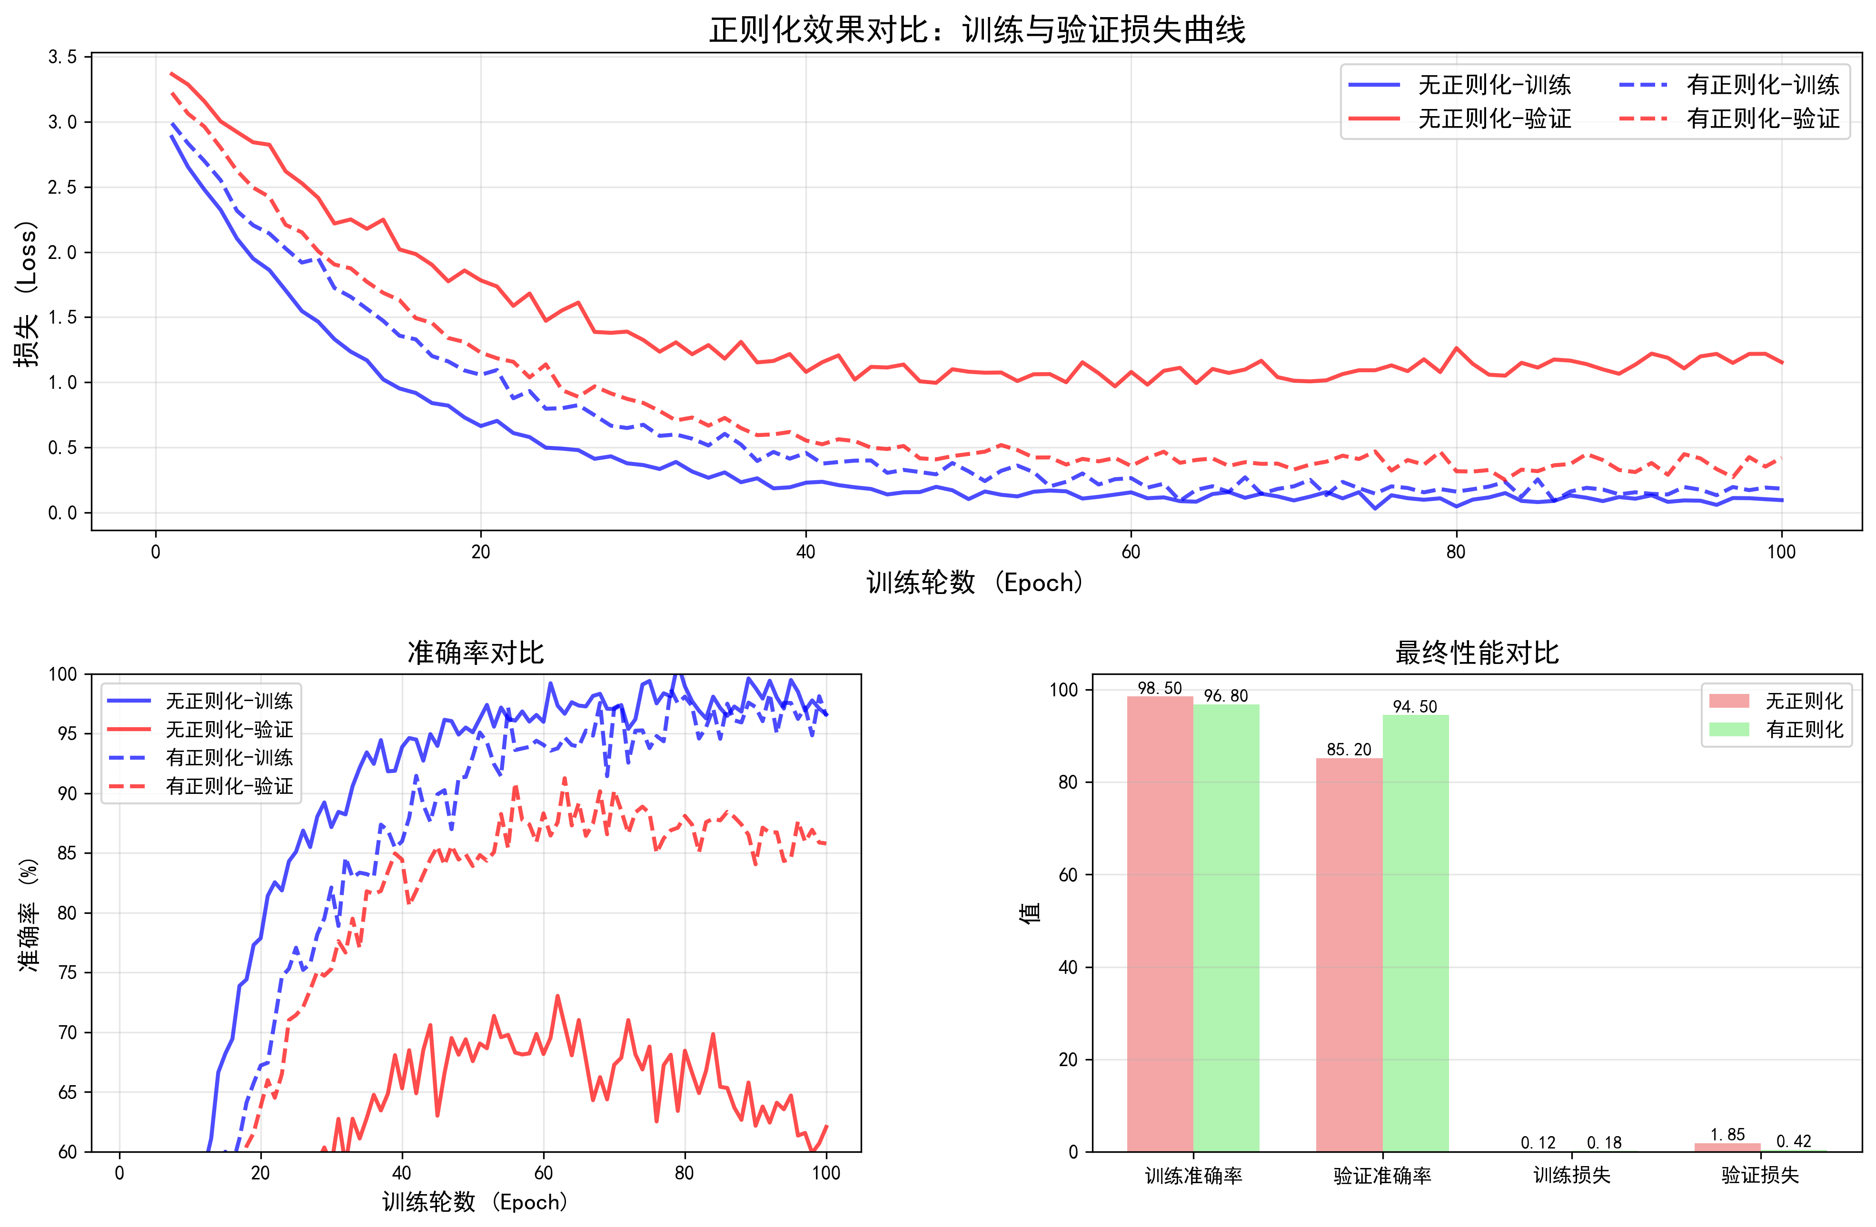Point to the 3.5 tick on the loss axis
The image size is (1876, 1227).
coord(62,57)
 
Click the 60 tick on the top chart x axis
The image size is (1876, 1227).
coord(1131,552)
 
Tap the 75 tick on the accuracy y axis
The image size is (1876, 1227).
coord(67,972)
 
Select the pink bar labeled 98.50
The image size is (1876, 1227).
coord(1160,922)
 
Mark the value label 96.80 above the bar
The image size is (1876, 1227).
coord(1226,696)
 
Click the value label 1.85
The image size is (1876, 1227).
coord(1727,1135)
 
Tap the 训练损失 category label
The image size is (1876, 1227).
coord(1571,1176)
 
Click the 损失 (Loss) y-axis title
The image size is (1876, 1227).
coord(27,293)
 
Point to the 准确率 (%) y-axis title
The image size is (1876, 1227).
coord(29,914)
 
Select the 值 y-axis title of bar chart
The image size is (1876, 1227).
coord(1030,912)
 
